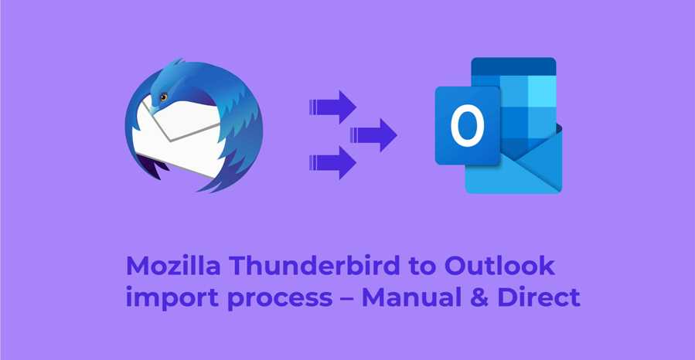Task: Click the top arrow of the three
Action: click(333, 107)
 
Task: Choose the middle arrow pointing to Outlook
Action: click(374, 134)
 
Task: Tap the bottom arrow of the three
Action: click(333, 162)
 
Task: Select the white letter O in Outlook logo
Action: click(467, 125)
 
